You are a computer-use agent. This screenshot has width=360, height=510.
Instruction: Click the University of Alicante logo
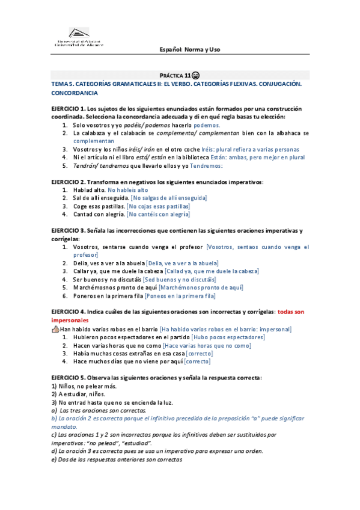[78, 37]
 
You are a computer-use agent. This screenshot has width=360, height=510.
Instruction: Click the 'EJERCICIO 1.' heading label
[69, 108]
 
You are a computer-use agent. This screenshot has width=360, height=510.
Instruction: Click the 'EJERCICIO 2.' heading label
[69, 182]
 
